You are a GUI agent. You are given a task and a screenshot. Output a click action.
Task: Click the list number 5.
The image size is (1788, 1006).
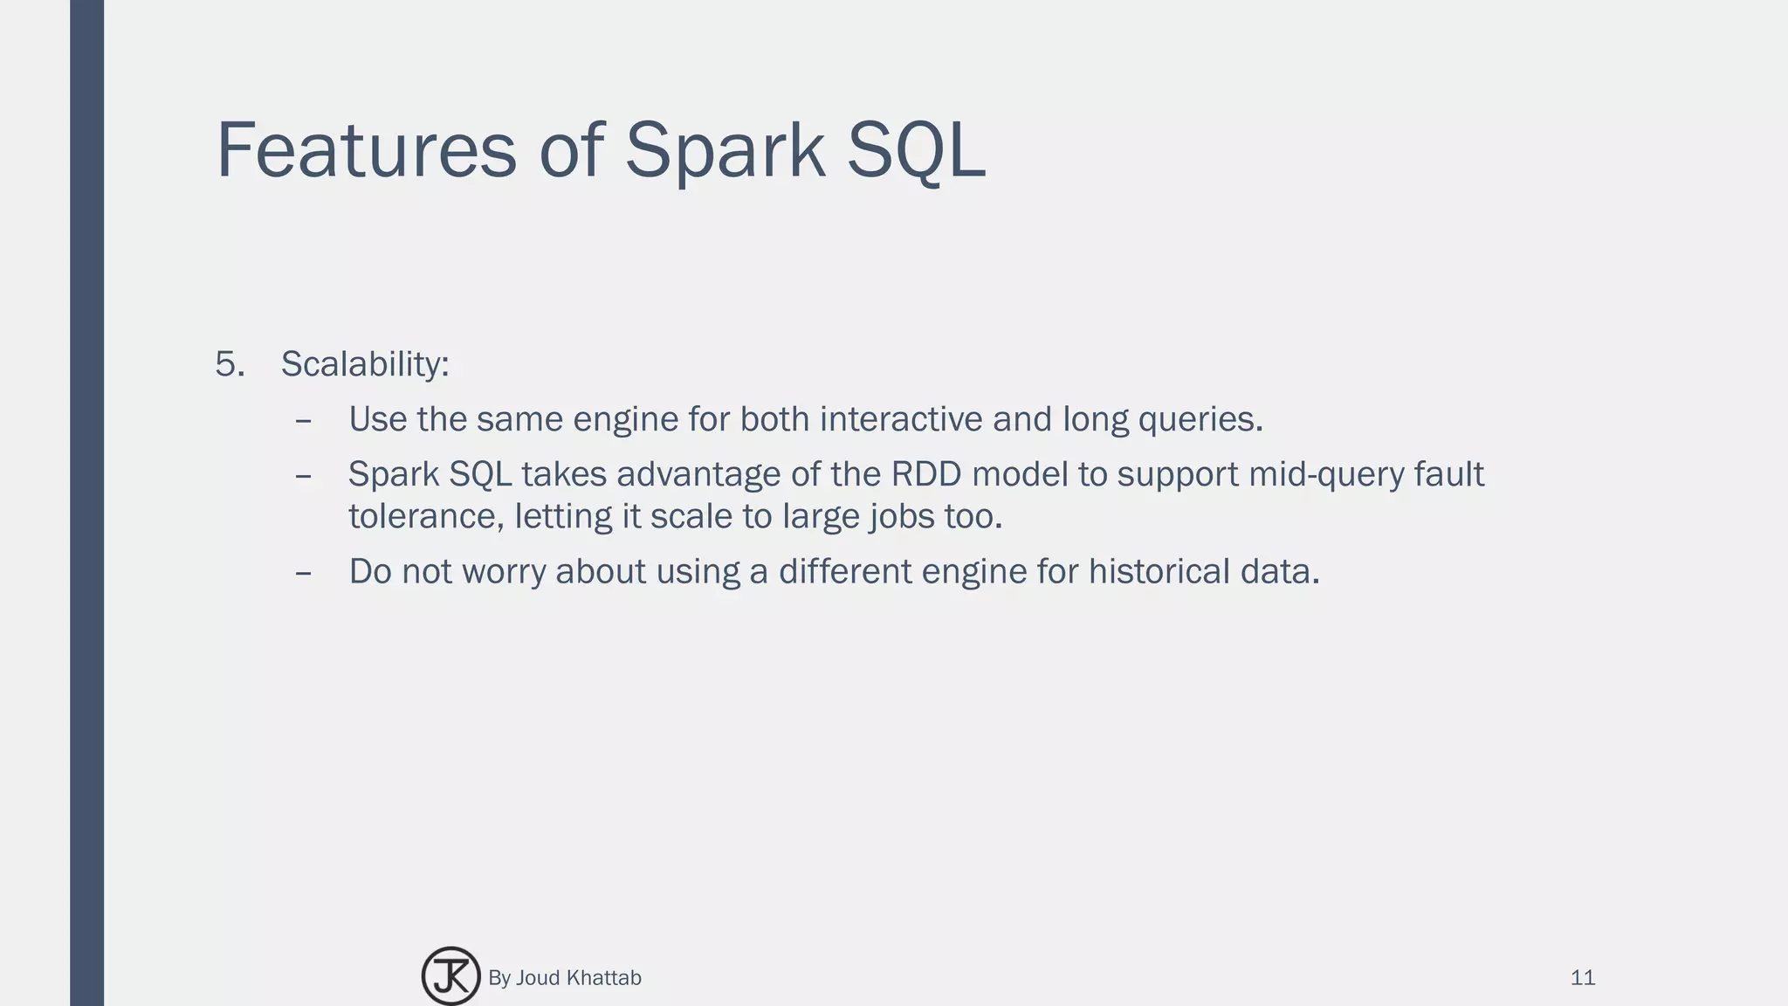pyautogui.click(x=229, y=364)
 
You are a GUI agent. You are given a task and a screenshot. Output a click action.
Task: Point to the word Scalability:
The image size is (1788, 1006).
pyautogui.click(x=365, y=364)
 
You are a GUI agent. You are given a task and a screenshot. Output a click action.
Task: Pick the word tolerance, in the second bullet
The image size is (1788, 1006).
pyautogui.click(x=426, y=516)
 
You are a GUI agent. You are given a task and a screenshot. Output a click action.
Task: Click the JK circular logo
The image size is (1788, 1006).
pyautogui.click(x=450, y=976)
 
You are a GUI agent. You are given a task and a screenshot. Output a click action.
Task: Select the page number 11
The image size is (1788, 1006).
pyautogui.click(x=1582, y=978)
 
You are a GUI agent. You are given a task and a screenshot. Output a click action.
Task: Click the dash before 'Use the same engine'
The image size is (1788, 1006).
pyautogui.click(x=304, y=421)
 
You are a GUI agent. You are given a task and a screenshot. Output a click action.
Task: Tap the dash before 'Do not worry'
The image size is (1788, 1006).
pyautogui.click(x=304, y=573)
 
